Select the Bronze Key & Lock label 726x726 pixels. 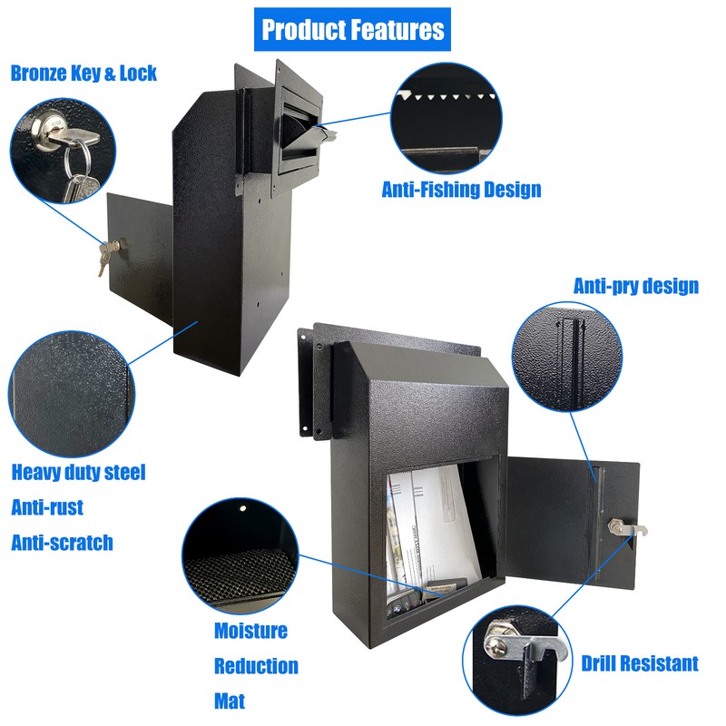coord(83,73)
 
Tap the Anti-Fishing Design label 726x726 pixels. coord(461,190)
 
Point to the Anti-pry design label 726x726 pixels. coord(635,286)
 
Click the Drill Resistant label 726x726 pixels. coord(640,664)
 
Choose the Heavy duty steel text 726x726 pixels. coord(78,472)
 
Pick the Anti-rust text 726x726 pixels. coord(47,507)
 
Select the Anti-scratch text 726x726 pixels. coord(62,543)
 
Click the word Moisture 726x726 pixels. coord(250,631)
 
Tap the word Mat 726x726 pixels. coord(230,701)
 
